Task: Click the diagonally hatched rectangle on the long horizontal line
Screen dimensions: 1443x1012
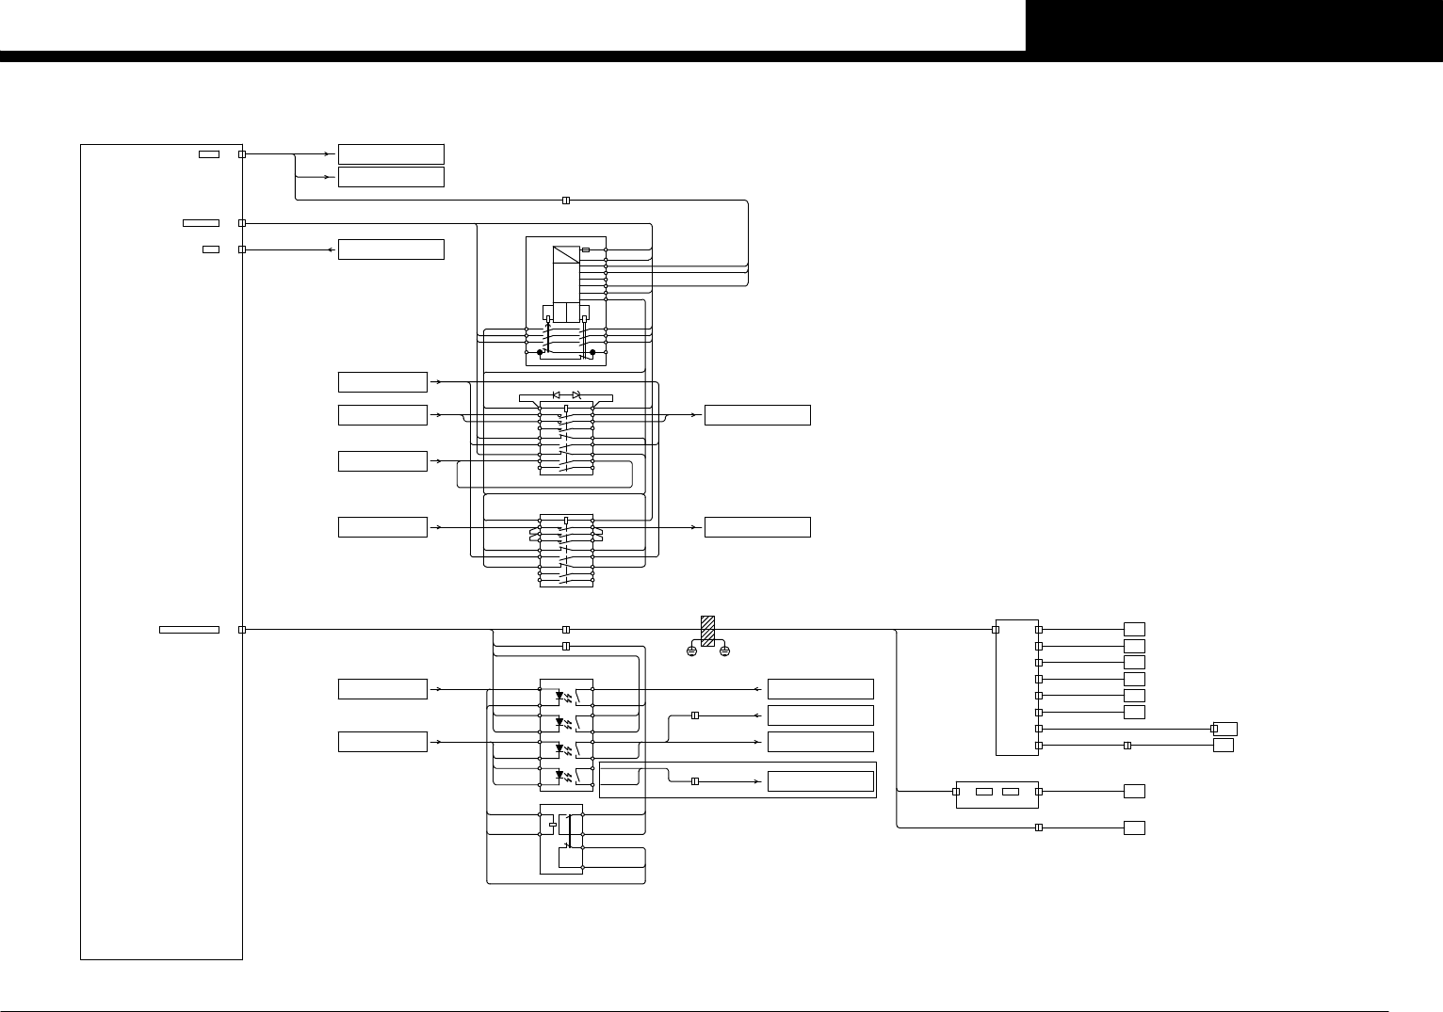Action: [708, 630]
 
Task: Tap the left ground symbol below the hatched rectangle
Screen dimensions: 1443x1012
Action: [691, 651]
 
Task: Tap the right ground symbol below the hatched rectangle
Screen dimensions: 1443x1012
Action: [724, 651]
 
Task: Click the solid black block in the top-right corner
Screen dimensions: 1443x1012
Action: [1234, 25]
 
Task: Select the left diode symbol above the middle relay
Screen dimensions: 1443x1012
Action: [557, 394]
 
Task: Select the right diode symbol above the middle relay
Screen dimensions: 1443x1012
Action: [576, 394]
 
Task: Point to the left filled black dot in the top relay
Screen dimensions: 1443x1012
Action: [540, 352]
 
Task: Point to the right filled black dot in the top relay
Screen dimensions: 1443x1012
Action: [592, 352]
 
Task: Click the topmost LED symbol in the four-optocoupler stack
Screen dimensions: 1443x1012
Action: [560, 697]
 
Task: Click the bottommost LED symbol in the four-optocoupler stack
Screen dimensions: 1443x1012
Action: [560, 776]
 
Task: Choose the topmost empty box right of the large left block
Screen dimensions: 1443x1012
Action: [391, 154]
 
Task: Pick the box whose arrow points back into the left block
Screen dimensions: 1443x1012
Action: [391, 249]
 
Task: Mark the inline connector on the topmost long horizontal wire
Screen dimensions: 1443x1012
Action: [566, 201]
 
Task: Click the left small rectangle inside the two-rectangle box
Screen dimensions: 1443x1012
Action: [984, 792]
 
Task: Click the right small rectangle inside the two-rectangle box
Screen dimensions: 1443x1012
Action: [1011, 792]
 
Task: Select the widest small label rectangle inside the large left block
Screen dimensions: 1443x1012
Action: [189, 630]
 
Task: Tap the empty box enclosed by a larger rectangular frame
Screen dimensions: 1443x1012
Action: [820, 781]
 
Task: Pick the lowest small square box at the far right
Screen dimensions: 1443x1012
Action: [1134, 827]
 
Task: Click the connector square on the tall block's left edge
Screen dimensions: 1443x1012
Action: [997, 630]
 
